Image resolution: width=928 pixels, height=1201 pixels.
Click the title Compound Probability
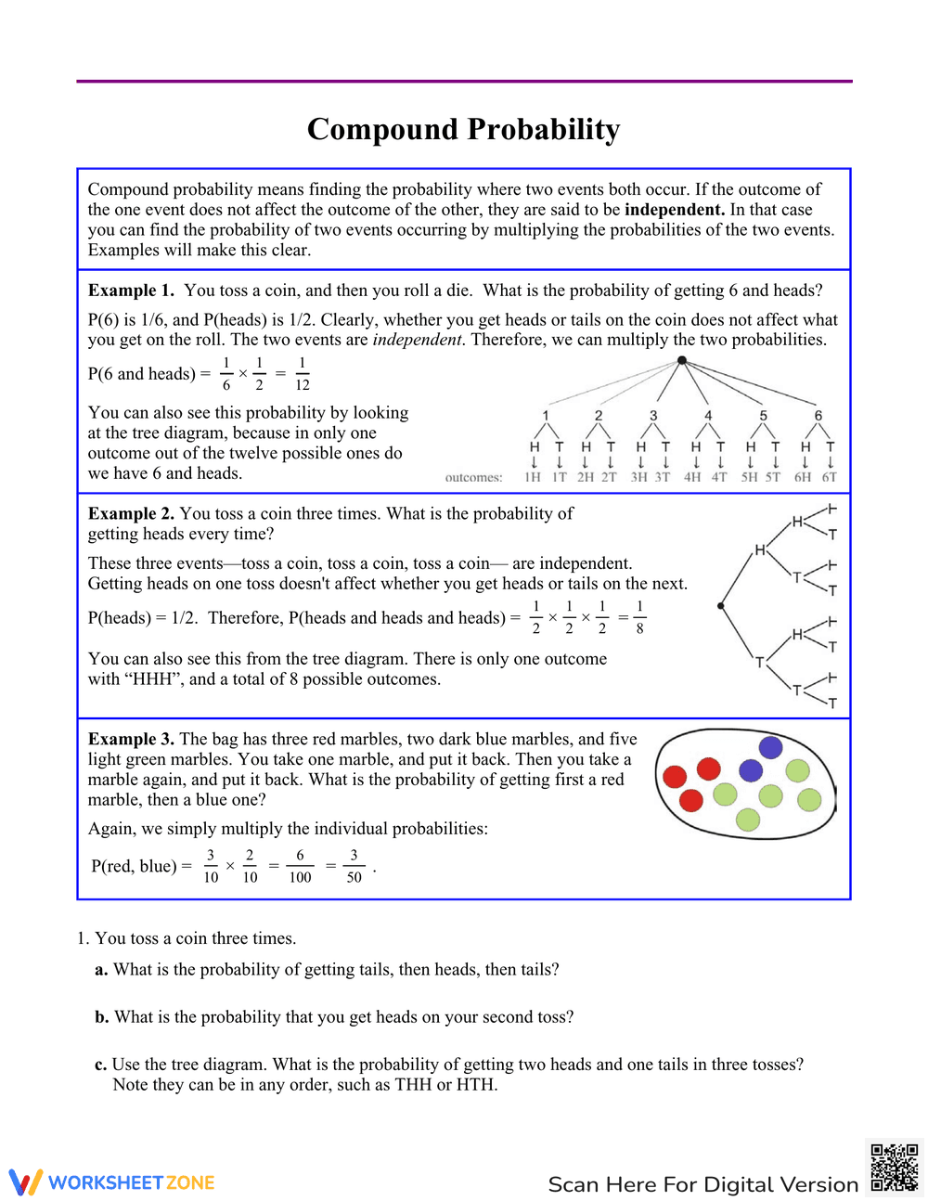pos(463,129)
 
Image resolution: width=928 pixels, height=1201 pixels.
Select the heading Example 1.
pos(131,291)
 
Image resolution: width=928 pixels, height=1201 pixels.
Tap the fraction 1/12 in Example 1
pos(303,374)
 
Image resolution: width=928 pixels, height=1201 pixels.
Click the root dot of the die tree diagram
pos(682,360)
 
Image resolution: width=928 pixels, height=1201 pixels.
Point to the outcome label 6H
pos(803,477)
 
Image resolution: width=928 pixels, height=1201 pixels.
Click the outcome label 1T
pos(560,477)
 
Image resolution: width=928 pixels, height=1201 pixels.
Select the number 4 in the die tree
pos(708,416)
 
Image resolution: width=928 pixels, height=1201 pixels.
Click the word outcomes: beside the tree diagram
pos(473,478)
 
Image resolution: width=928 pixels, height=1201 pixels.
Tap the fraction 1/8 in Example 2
pos(639,617)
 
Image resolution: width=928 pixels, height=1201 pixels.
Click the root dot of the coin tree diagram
pos(721,606)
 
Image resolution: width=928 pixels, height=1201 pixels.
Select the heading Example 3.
pos(131,739)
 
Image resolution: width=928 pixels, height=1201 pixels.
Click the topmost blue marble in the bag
pos(770,747)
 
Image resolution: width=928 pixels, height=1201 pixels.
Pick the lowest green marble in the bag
pos(748,820)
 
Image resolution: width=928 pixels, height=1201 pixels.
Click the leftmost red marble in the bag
pos(675,776)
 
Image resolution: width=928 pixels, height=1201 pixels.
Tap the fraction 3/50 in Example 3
pos(354,867)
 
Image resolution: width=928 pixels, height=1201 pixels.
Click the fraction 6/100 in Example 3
pos(300,867)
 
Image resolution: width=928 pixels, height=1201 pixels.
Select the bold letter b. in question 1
pos(101,1017)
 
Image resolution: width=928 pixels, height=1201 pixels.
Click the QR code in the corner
pos(895,1167)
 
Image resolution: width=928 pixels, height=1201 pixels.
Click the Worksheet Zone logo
pos(112,1182)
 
